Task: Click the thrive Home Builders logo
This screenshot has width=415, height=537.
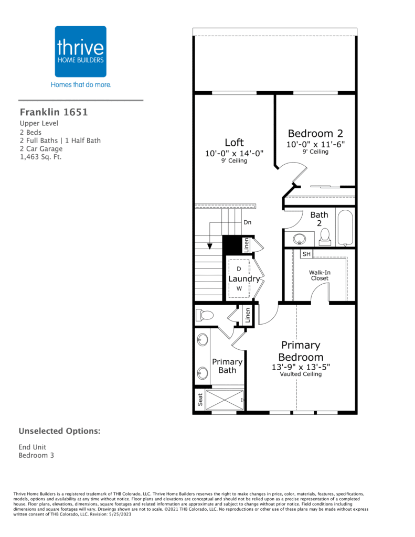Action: point(81,51)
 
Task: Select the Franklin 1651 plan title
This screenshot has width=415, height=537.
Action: point(54,112)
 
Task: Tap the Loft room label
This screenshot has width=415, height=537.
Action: point(234,143)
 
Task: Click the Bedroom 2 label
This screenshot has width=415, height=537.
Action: point(315,133)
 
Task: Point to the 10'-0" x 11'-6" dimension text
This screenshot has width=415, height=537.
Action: point(315,144)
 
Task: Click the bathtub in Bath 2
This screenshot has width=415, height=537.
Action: point(346,228)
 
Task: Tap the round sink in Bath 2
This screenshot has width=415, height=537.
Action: point(300,239)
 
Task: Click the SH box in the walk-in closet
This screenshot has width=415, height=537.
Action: point(307,254)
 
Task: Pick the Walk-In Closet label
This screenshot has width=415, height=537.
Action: point(320,275)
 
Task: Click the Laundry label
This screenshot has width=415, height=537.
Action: point(244,279)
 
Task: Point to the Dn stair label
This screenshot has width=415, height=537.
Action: point(248,222)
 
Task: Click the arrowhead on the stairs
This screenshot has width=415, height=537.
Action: point(210,245)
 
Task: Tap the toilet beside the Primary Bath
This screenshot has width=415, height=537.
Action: point(204,315)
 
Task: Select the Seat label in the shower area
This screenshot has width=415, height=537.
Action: point(199,400)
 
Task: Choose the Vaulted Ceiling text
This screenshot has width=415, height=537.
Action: point(301,374)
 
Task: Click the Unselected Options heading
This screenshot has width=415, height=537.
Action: point(59,431)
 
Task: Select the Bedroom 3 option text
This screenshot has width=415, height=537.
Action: point(36,455)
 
